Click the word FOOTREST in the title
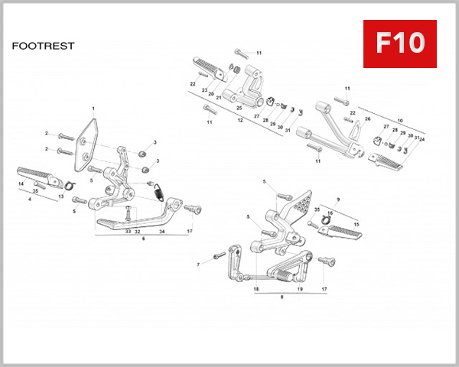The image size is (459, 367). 44,46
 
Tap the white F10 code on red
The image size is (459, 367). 399,44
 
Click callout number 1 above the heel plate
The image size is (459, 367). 93,109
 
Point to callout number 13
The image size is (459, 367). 61,196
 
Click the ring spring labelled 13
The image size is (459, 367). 67,183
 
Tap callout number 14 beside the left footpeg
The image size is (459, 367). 21,184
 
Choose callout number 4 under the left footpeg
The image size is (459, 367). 30,200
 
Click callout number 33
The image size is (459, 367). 127,230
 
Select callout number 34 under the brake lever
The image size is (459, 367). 162,230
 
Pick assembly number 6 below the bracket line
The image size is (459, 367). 143,239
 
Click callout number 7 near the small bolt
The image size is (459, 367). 197,265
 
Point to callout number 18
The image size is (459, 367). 256,290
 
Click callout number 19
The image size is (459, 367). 300,290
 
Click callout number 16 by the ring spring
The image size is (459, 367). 330,214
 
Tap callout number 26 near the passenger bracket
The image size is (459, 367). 367,119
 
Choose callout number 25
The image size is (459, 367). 239,108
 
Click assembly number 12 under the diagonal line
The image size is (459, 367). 240,120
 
